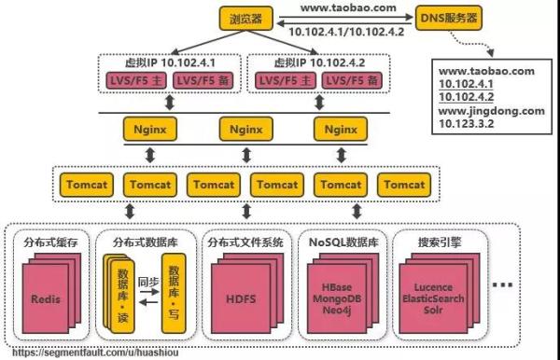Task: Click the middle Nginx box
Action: pos(245,127)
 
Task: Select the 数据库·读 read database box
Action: pos(122,290)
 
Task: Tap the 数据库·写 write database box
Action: pos(174,290)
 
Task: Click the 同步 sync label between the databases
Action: pos(147,277)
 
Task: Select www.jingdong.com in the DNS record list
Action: pos(491,111)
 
